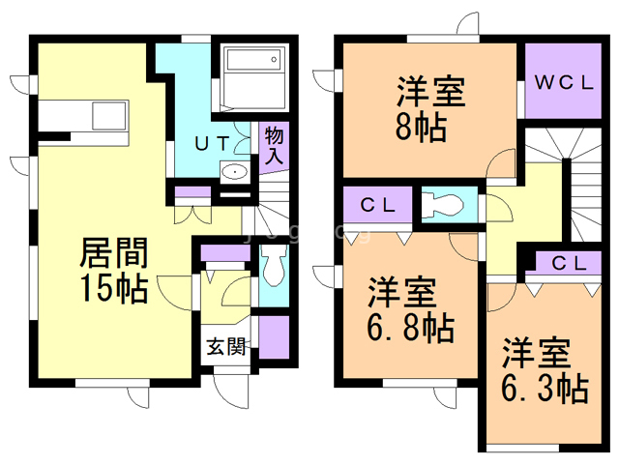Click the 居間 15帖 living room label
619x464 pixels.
tap(113, 272)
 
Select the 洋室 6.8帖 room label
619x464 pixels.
tap(410, 310)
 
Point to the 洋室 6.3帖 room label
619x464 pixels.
tap(545, 369)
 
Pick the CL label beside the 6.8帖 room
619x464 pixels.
tap(376, 205)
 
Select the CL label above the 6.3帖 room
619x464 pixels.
tap(569, 263)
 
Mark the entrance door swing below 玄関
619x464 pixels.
tap(232, 388)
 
